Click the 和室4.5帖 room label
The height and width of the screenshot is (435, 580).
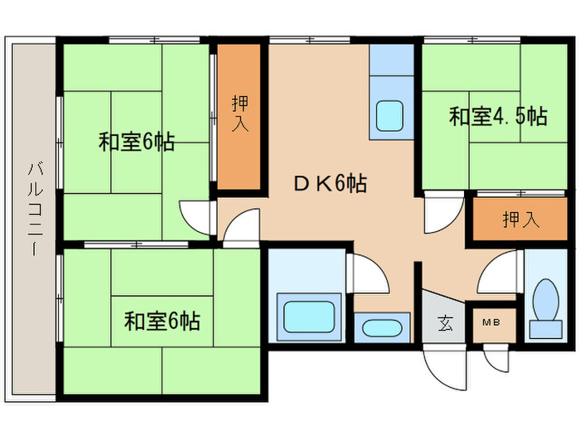pos(498,116)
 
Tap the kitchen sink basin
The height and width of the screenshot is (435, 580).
pos(389,114)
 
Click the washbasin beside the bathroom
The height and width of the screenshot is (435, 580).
pos(381,326)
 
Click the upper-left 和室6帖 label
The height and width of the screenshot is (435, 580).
pos(136,142)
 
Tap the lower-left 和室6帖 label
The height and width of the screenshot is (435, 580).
pos(162,319)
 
